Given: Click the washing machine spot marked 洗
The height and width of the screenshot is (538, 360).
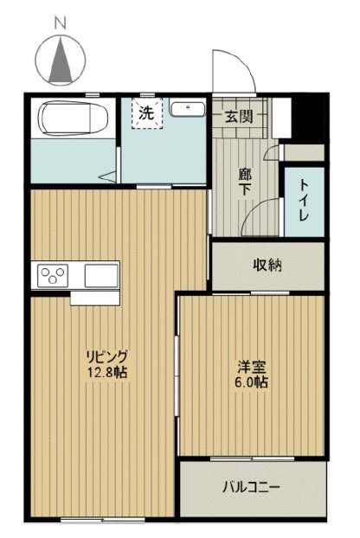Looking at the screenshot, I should [x=146, y=113].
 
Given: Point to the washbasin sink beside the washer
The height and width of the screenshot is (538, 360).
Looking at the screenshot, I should [x=186, y=109].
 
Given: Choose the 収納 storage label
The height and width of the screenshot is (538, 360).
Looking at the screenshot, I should [x=267, y=266].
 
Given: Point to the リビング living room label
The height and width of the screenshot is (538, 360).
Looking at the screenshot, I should [x=106, y=356].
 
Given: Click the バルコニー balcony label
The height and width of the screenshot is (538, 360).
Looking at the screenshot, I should [x=251, y=489].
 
